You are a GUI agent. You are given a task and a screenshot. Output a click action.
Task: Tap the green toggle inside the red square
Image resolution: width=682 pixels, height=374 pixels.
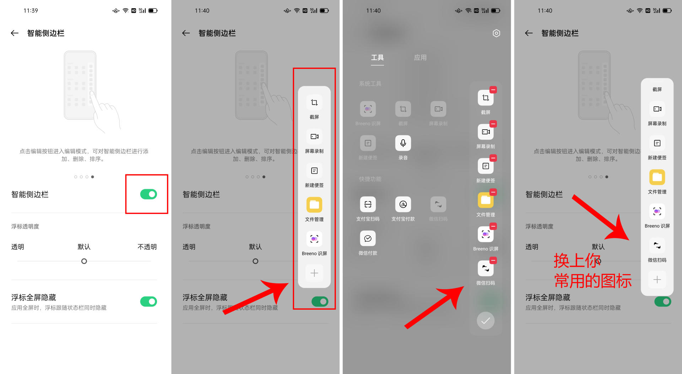[x=148, y=194]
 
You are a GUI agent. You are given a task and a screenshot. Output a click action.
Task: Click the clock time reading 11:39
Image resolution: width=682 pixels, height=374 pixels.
[x=31, y=11]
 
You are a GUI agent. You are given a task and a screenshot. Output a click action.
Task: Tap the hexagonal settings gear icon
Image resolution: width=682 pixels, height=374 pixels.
[x=496, y=33]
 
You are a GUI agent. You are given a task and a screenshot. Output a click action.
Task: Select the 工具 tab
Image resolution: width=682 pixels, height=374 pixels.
[x=377, y=58]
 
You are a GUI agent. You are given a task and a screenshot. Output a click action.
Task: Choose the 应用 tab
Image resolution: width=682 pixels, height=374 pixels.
[x=420, y=58]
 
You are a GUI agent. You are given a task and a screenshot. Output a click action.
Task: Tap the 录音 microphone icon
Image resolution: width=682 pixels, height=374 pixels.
[x=403, y=143]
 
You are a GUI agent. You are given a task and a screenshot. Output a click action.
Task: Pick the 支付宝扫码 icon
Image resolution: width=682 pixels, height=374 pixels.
[x=368, y=204]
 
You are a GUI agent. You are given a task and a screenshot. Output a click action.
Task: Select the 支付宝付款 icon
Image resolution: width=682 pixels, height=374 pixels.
[x=403, y=204]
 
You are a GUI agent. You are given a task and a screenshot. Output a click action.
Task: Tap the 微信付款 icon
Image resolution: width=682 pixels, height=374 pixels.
[x=368, y=238]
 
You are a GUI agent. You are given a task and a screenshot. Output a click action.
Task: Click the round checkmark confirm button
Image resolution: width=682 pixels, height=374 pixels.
[x=485, y=321]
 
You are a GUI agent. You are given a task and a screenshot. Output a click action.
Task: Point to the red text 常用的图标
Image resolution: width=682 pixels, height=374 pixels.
[x=592, y=281]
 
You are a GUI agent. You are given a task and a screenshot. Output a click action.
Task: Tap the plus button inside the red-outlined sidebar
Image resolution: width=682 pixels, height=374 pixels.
[x=314, y=273]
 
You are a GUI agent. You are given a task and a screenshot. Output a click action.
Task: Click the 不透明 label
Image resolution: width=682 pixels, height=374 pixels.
[x=147, y=247]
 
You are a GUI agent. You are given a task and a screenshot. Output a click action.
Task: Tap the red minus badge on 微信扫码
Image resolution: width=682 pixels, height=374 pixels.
[x=493, y=261]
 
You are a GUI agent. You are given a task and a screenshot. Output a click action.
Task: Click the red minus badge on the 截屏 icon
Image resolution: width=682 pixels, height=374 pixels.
[x=493, y=90]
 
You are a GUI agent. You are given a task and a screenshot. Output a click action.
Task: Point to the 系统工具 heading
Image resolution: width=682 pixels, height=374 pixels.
[x=370, y=84]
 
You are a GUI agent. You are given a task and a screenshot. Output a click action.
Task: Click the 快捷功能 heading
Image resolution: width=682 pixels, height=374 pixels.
[x=370, y=179]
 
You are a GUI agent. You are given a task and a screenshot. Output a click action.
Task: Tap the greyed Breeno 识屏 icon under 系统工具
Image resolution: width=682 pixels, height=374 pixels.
[x=368, y=109]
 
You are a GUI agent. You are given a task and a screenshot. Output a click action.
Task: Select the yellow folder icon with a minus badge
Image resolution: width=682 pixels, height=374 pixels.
[x=485, y=200]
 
